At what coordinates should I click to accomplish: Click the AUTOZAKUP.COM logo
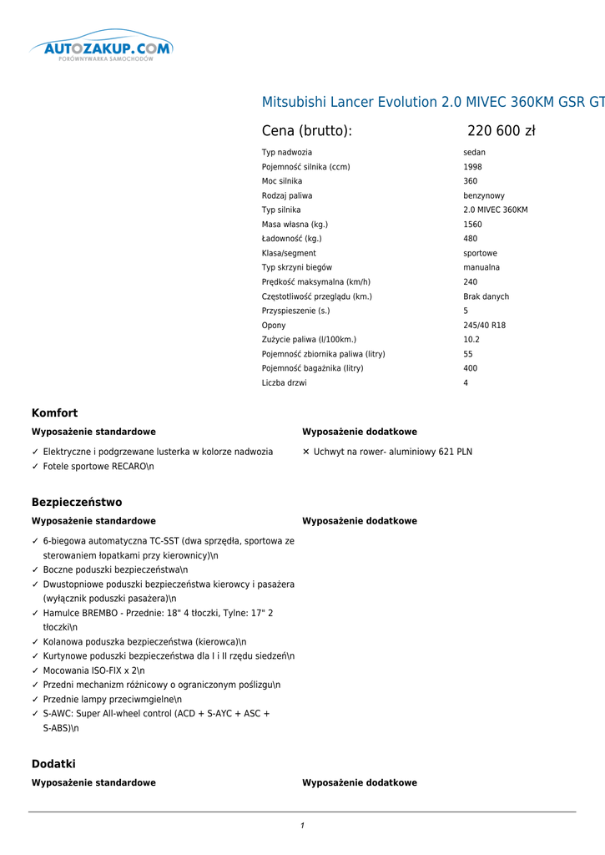(x=101, y=48)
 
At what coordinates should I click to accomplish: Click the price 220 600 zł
(x=501, y=131)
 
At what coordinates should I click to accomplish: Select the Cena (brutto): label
(x=306, y=131)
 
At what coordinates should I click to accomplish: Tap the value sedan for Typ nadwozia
(x=474, y=153)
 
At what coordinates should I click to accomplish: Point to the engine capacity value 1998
(x=472, y=167)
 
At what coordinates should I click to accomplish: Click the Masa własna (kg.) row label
(x=295, y=225)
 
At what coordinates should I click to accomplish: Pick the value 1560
(x=472, y=225)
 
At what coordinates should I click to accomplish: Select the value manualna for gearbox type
(x=481, y=268)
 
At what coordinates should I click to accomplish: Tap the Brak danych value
(x=486, y=297)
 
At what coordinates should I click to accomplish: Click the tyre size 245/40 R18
(x=484, y=326)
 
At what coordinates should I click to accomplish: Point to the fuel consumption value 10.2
(x=471, y=340)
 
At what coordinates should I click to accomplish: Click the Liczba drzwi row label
(x=284, y=383)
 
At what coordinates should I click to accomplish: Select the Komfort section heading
(x=54, y=413)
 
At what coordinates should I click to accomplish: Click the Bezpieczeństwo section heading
(x=77, y=503)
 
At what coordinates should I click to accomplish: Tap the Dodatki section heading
(x=53, y=764)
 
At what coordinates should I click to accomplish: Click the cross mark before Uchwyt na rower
(x=305, y=452)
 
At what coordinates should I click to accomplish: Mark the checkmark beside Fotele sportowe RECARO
(x=34, y=467)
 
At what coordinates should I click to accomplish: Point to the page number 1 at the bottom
(x=302, y=826)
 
